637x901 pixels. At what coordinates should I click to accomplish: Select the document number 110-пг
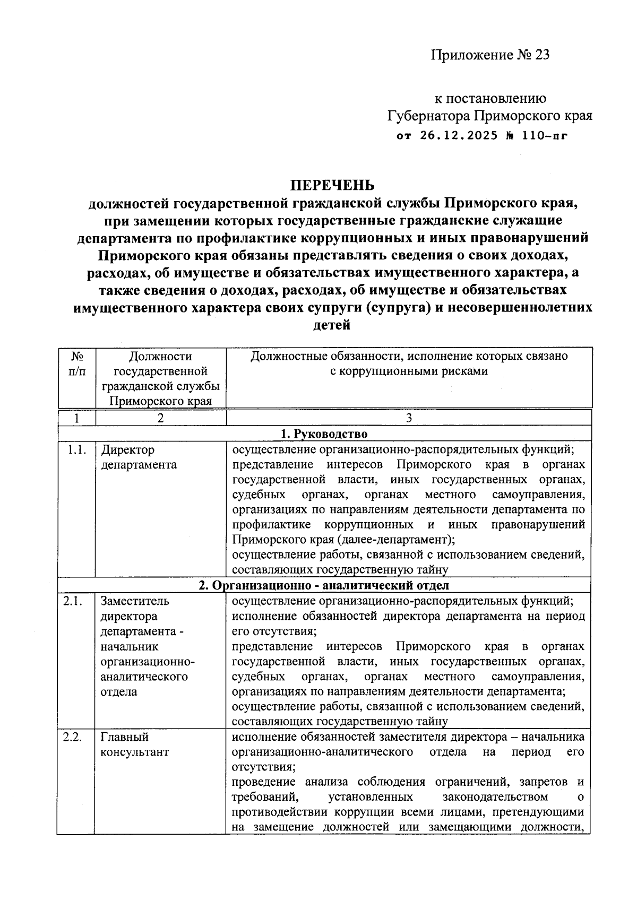[545, 135]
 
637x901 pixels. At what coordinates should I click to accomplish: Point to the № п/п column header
[77, 363]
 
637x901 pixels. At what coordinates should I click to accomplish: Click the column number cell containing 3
[409, 418]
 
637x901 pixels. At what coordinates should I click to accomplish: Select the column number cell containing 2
[161, 418]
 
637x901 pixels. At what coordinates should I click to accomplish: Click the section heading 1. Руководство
[324, 434]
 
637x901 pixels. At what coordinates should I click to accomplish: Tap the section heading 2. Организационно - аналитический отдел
[324, 585]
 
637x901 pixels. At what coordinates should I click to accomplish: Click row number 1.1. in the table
[77, 450]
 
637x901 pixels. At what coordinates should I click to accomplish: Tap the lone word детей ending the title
[332, 325]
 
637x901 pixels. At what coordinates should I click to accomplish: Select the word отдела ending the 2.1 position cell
[119, 692]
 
